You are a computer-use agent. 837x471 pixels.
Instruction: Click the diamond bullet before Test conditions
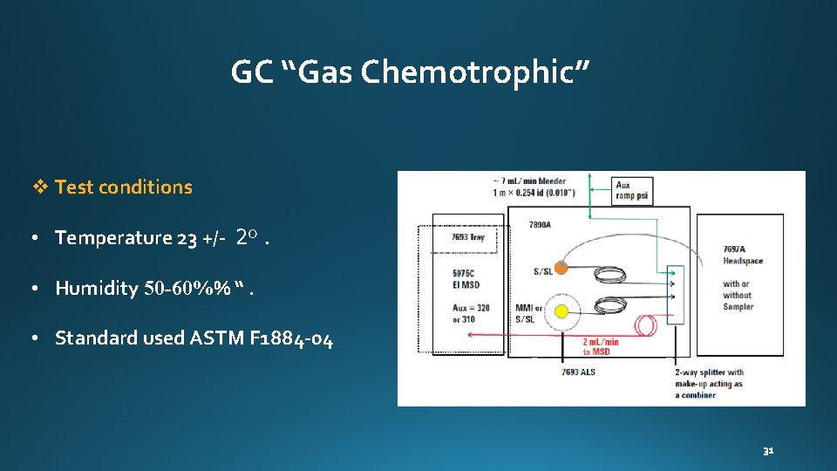tap(39, 187)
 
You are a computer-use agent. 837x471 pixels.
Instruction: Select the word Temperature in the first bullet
tap(113, 238)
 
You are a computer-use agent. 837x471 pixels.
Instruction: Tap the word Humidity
tap(97, 289)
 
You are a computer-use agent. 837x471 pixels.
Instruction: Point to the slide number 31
tap(768, 451)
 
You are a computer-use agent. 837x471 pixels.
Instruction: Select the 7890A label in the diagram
tap(540, 225)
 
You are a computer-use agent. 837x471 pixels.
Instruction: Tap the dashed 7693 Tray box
tap(468, 237)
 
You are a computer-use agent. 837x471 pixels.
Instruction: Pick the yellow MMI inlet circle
tap(562, 311)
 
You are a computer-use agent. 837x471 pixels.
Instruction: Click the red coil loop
tap(647, 326)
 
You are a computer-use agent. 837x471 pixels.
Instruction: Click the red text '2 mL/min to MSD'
tap(600, 347)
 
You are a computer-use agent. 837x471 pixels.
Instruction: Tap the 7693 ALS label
tap(578, 372)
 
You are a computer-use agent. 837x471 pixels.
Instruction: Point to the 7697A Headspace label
tap(743, 255)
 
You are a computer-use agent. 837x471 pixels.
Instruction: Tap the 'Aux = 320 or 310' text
tap(470, 313)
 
